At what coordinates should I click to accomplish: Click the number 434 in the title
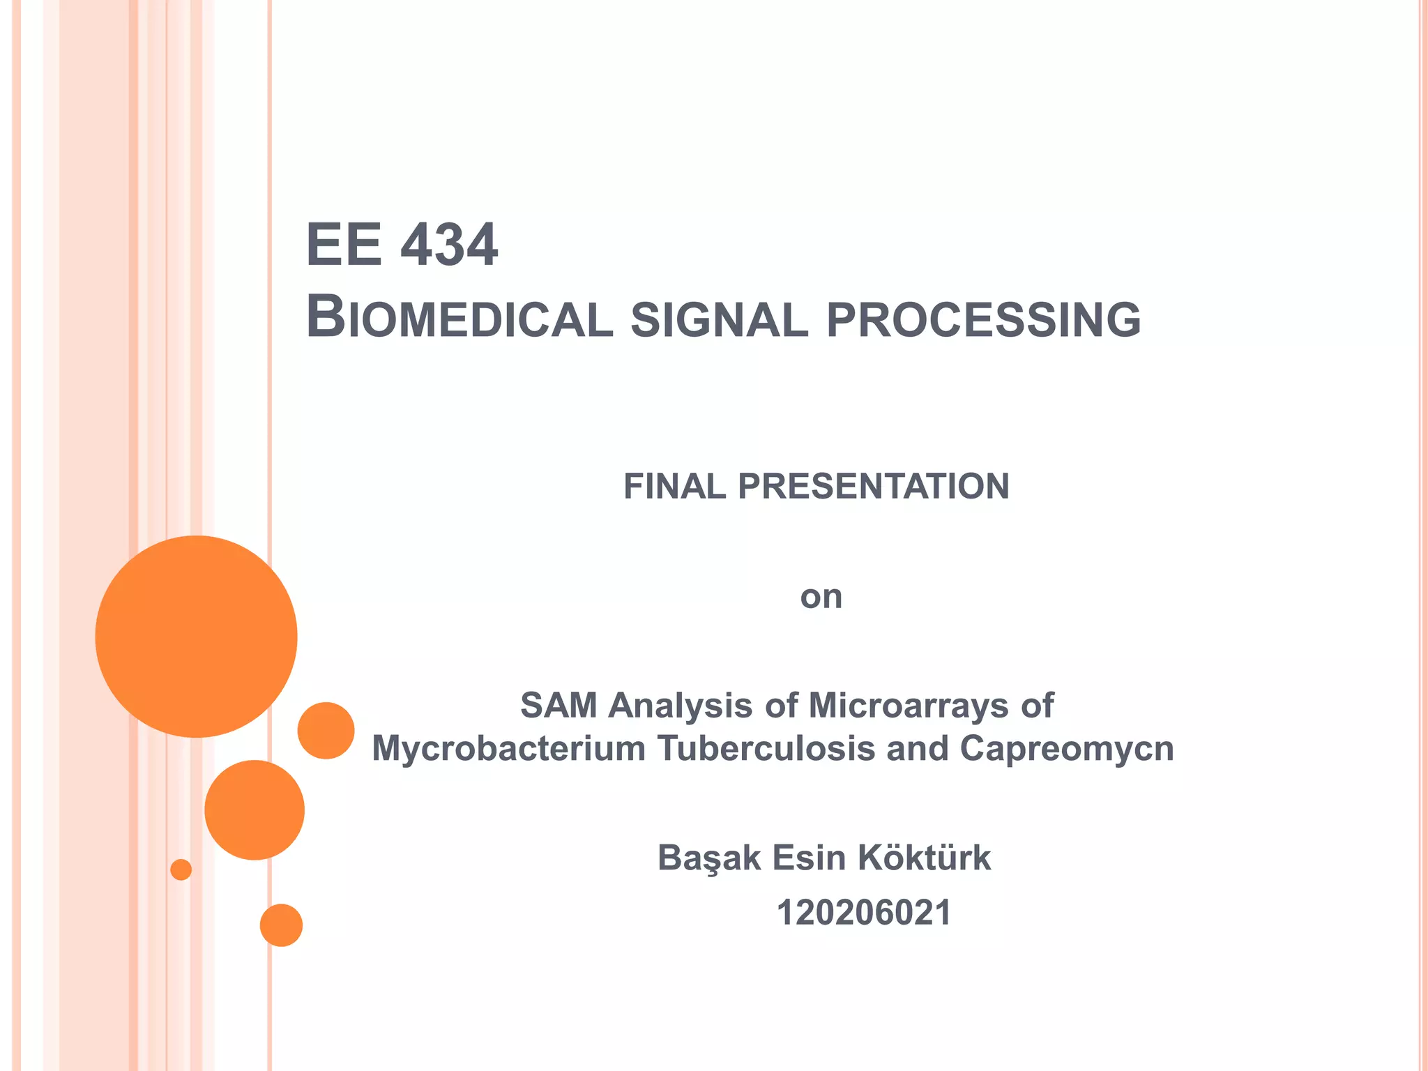point(450,245)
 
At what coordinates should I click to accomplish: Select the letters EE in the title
point(344,245)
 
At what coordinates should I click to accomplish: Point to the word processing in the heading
point(983,320)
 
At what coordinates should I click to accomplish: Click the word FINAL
point(675,486)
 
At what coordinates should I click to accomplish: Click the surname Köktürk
point(924,858)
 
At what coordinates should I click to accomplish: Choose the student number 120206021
point(864,913)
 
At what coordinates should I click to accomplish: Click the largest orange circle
point(197,636)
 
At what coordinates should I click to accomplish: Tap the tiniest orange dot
point(181,869)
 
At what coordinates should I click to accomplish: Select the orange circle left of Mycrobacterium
point(326,730)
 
